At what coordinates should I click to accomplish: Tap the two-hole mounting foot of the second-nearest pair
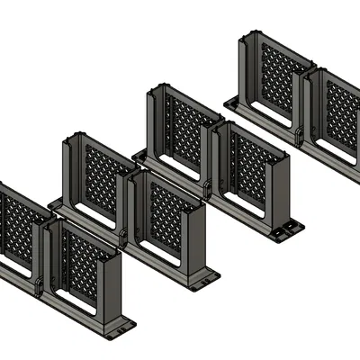[x=205, y=278]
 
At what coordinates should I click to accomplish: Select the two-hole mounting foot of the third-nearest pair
[x=287, y=230]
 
